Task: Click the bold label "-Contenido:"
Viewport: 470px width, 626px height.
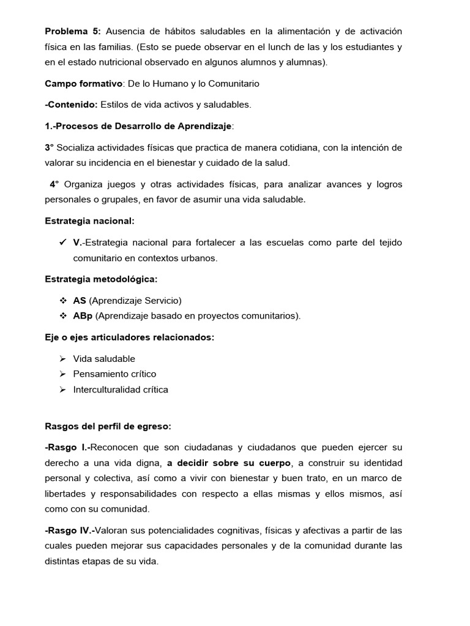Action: [71, 105]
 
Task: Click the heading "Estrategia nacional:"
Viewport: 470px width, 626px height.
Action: [90, 221]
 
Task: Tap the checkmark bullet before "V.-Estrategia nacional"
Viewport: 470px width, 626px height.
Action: [62, 243]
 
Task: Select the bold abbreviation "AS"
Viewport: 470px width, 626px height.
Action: [80, 300]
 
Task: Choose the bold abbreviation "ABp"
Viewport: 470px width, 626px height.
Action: [83, 316]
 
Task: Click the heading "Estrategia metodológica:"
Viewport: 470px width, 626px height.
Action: [101, 279]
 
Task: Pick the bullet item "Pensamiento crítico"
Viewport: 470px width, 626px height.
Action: [114, 374]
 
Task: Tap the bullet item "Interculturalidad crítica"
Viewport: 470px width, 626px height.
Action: [121, 389]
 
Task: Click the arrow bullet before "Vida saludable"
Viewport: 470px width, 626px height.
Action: [62, 359]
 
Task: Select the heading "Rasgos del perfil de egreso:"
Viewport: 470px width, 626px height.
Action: [108, 426]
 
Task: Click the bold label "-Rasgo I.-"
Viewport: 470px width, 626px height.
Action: [68, 447]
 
